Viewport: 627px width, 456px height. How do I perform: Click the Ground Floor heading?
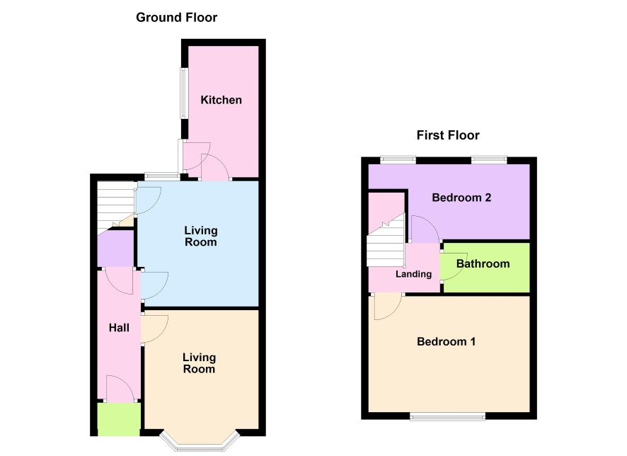pos(176,18)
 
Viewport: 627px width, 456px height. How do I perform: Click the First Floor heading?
pos(448,135)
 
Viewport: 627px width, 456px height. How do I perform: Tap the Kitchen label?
pos(221,100)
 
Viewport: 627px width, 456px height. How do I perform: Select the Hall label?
pos(119,328)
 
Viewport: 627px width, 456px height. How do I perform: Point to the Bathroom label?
pos(483,264)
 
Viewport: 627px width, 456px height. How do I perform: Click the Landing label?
pos(413,274)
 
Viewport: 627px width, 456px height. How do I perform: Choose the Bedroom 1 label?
pos(447,341)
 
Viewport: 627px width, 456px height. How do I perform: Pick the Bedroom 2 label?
pos(461,198)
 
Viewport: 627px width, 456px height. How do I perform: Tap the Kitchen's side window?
pos(183,93)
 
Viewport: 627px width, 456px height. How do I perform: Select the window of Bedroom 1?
pos(447,416)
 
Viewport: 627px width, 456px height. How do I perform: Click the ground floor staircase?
pos(116,205)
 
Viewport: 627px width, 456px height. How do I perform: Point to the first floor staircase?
pos(386,242)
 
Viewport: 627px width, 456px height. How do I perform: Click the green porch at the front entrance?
pos(119,419)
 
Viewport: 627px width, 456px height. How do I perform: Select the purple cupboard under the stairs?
pos(115,249)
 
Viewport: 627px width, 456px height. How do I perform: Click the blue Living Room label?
pos(201,236)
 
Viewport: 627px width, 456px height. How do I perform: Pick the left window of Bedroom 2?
pos(398,160)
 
